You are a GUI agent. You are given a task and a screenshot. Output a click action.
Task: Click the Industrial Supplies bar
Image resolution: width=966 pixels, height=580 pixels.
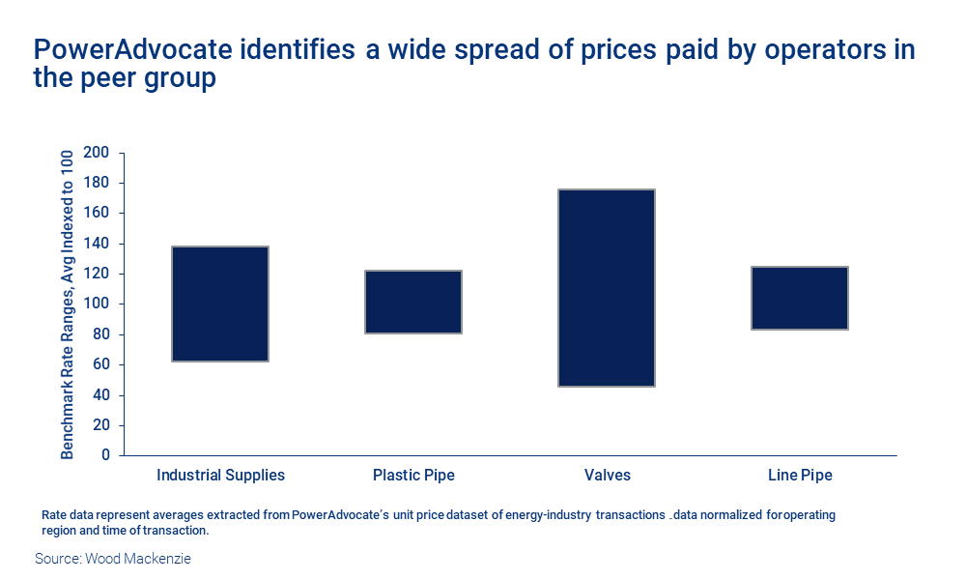(220, 304)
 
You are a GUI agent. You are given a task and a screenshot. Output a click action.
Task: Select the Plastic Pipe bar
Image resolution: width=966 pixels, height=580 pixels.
(413, 302)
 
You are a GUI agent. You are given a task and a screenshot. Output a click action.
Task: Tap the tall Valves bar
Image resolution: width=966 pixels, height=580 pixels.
(607, 288)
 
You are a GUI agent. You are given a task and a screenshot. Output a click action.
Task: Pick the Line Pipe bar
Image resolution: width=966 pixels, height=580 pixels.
(800, 298)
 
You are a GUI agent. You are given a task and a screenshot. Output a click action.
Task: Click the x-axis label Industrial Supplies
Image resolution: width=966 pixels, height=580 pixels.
(220, 476)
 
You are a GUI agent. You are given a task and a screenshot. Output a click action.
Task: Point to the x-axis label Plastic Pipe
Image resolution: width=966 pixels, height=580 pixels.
(413, 476)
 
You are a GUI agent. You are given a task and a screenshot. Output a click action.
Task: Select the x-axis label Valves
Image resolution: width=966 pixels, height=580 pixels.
(607, 476)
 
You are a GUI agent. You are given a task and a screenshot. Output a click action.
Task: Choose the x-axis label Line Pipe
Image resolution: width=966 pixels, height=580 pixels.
(800, 476)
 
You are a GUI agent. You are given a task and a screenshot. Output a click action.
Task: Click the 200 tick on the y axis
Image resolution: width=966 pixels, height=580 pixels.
(97, 153)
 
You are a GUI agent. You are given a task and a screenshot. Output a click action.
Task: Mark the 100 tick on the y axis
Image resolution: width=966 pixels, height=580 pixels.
(97, 304)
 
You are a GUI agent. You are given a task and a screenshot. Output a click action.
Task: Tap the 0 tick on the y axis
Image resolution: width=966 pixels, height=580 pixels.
(104, 455)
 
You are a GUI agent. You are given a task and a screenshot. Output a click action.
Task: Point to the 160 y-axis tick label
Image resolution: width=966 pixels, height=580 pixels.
(97, 213)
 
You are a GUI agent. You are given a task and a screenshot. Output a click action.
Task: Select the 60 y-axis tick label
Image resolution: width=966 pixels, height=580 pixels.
(100, 364)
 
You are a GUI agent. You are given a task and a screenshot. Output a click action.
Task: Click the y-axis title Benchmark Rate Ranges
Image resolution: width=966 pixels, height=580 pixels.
(68, 304)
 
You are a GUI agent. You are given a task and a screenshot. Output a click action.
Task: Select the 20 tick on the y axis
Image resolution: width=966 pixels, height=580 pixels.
(100, 425)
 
